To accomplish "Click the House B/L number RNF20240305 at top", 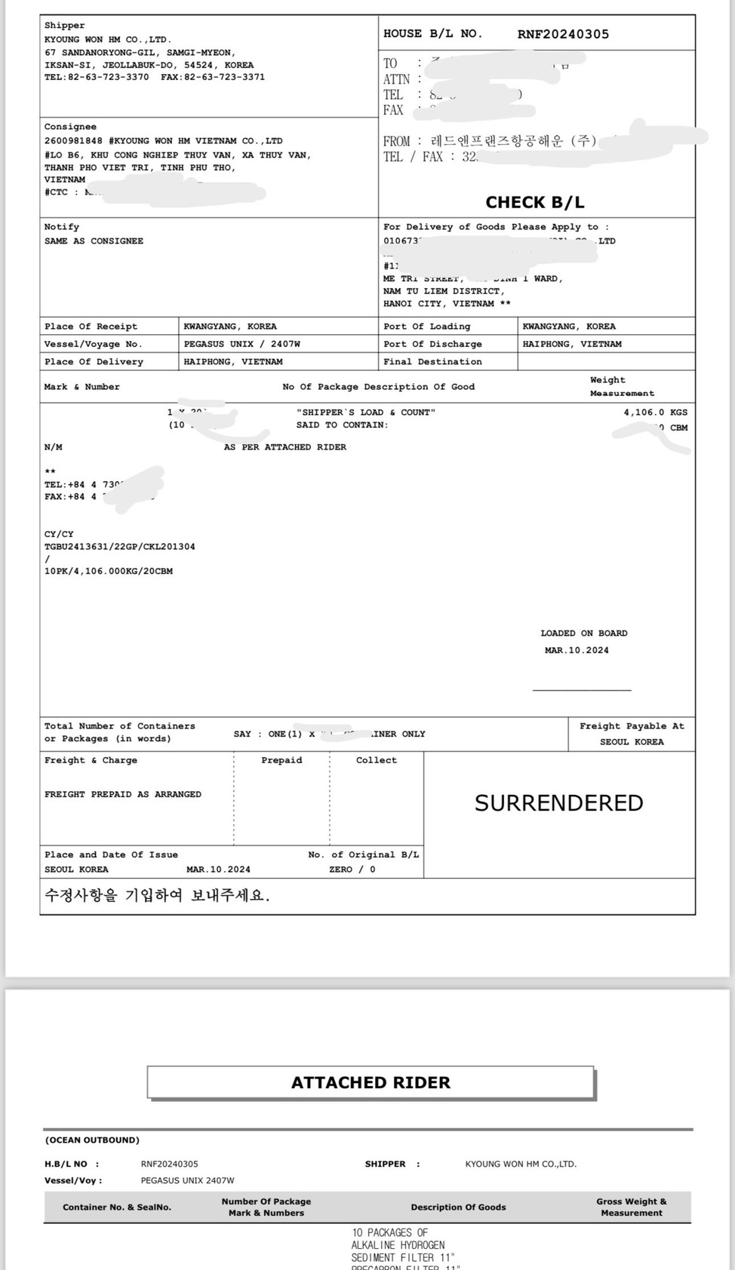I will pos(563,34).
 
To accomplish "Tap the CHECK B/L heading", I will pos(534,202).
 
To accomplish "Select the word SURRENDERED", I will pos(558,803).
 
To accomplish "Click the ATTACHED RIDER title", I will pos(371,1082).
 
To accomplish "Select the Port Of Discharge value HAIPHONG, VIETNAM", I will pos(572,344).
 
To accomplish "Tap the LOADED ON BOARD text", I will pos(583,633).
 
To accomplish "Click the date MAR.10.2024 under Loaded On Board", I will pos(577,650).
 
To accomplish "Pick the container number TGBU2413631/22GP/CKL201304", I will pos(119,547).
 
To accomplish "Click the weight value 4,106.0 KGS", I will pos(655,413).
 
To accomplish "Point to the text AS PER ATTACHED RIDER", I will pos(284,447).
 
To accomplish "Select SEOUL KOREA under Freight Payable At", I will pos(632,742).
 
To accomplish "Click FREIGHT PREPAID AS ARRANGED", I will pos(123,794).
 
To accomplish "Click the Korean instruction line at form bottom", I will pos(156,896).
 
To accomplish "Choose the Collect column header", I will pos(376,760).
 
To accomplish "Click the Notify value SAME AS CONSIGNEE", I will pos(94,241).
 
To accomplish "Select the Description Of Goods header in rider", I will pos(458,1207).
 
